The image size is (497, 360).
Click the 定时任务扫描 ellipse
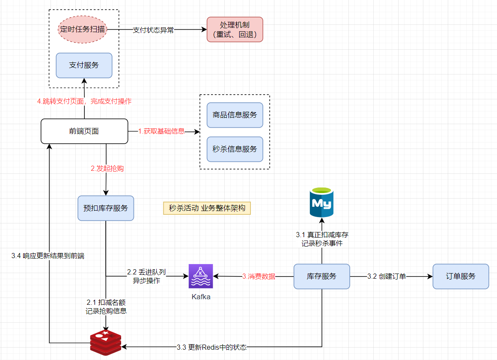pos(83,30)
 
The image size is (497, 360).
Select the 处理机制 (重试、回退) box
pos(235,30)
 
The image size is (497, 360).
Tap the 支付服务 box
pos(84,65)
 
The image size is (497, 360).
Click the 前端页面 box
pos(84,131)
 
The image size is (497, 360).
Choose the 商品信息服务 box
pos(235,115)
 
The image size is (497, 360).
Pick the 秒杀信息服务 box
pos(235,149)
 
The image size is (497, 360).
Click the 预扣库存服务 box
pos(106,208)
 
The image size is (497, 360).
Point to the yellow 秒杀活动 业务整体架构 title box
pos(207,208)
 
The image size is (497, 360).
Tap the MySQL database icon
pos(321,202)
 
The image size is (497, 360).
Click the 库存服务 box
pos(321,276)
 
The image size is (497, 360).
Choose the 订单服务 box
pos(461,276)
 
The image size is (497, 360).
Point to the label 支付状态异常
pos(153,30)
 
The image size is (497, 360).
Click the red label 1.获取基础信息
pos(161,131)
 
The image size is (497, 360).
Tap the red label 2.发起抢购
pos(107,169)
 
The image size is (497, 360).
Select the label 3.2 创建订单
pos(387,276)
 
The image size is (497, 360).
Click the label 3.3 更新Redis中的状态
pos(211,347)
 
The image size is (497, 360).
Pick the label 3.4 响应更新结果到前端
pos(48,256)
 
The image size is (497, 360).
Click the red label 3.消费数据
pos(259,277)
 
